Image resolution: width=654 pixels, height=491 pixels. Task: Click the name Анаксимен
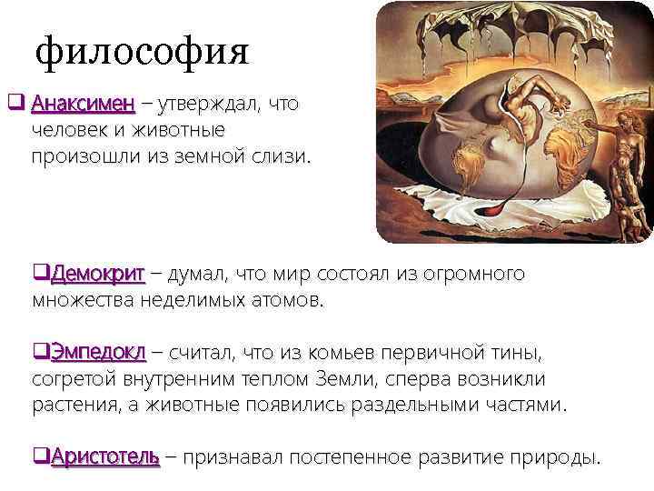click(83, 105)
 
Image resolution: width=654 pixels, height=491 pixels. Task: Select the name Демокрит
click(97, 274)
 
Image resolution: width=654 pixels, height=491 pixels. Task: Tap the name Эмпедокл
click(97, 352)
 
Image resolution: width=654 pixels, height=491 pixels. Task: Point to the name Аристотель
click(105, 456)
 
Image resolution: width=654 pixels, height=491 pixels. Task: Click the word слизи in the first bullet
click(283, 156)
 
